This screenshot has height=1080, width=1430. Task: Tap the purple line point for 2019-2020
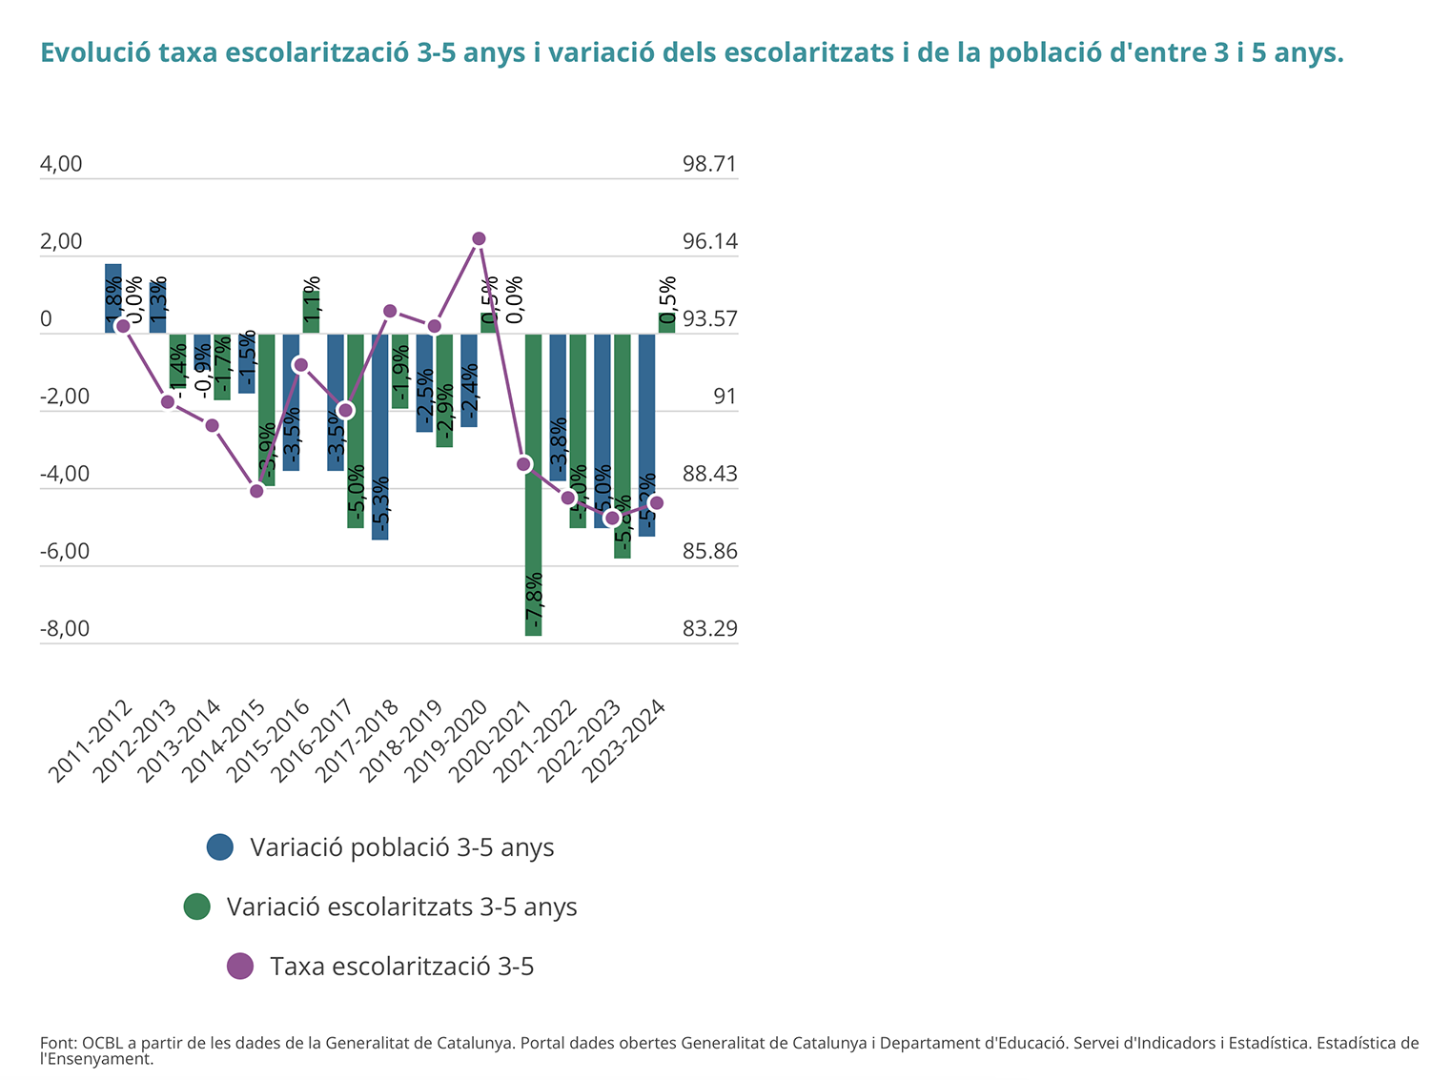point(479,238)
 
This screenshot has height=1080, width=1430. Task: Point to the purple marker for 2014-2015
point(256,491)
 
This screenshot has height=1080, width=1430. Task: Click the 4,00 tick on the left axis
point(61,164)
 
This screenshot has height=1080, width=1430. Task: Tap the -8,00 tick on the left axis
point(64,629)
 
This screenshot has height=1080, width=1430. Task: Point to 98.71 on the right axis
point(709,164)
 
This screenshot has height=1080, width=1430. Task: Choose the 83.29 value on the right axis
point(709,629)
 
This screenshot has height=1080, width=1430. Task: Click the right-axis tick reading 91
point(725,397)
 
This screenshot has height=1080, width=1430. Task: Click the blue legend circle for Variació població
point(220,846)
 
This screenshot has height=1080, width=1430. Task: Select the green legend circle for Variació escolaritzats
point(196,907)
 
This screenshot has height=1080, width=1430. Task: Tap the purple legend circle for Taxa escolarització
point(240,966)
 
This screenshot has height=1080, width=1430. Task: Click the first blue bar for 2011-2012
point(113,298)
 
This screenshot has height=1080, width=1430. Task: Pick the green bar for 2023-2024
point(666,323)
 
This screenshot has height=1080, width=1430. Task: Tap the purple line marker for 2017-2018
point(390,311)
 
